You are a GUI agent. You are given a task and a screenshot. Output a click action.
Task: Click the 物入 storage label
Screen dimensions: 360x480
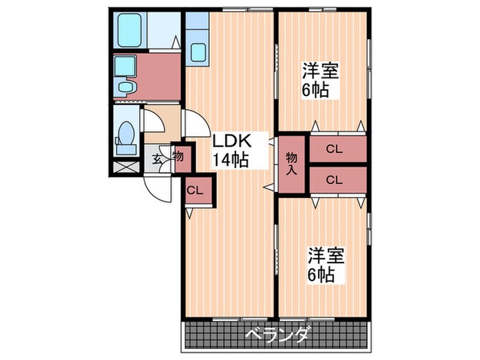pos(291,163)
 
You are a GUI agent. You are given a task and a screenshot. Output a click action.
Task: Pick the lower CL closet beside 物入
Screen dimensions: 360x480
pos(335,180)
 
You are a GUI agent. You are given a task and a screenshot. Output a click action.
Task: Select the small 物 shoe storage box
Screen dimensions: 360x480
pos(178,156)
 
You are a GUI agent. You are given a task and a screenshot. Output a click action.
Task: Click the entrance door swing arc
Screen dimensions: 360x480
pos(158,187)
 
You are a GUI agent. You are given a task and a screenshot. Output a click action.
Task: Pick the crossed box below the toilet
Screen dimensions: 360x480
pos(123,165)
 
